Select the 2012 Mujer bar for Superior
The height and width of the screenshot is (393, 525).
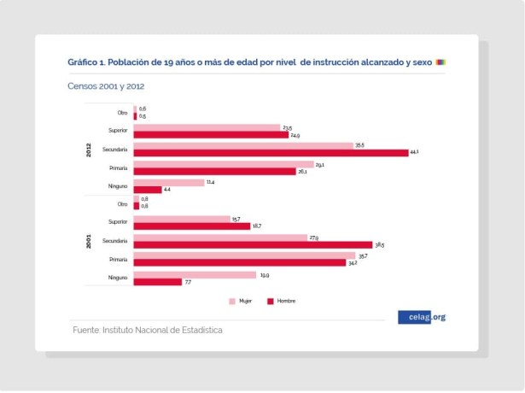point(207,127)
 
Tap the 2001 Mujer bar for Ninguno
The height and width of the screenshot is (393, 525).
point(195,274)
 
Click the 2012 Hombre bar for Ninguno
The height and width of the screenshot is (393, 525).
point(147,189)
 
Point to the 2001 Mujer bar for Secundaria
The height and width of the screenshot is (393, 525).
point(219,238)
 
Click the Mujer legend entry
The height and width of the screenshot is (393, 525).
point(239,301)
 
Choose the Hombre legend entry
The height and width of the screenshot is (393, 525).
point(282,301)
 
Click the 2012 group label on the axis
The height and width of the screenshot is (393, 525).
point(88,150)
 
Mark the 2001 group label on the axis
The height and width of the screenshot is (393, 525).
point(88,242)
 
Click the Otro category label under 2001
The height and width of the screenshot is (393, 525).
point(122,204)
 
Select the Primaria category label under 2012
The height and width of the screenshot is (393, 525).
point(118,167)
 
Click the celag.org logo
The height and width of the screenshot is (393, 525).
point(422,317)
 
